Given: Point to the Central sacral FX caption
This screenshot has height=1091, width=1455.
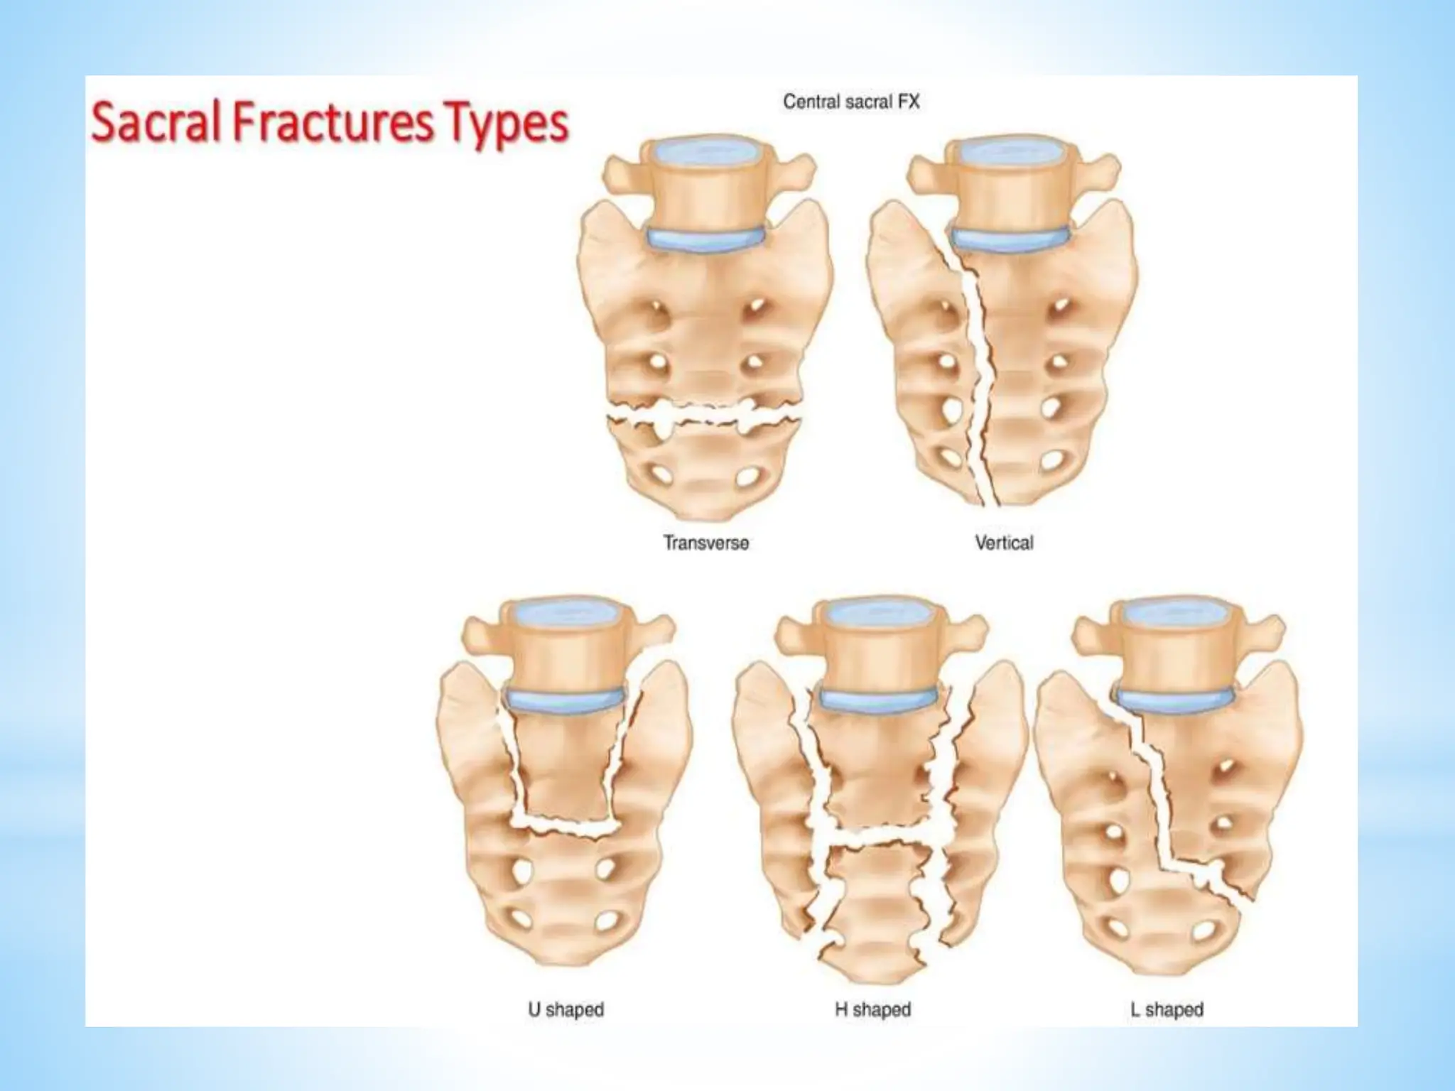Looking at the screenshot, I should click(851, 102).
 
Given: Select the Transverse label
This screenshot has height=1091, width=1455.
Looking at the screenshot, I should click(706, 543).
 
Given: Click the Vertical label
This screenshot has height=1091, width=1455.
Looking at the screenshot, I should click(1004, 543).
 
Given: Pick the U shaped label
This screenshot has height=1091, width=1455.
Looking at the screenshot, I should click(566, 1009).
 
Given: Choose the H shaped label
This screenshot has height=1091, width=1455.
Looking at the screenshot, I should click(872, 1009).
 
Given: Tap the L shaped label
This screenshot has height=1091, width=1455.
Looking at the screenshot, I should click(1167, 1009).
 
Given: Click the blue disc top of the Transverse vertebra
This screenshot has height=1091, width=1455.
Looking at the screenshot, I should click(703, 151).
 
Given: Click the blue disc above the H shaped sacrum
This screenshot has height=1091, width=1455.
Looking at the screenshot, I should click(878, 700).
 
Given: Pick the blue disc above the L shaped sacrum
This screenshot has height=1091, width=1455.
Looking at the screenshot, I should click(1176, 700).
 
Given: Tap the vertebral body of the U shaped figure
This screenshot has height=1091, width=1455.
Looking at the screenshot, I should click(566, 653).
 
